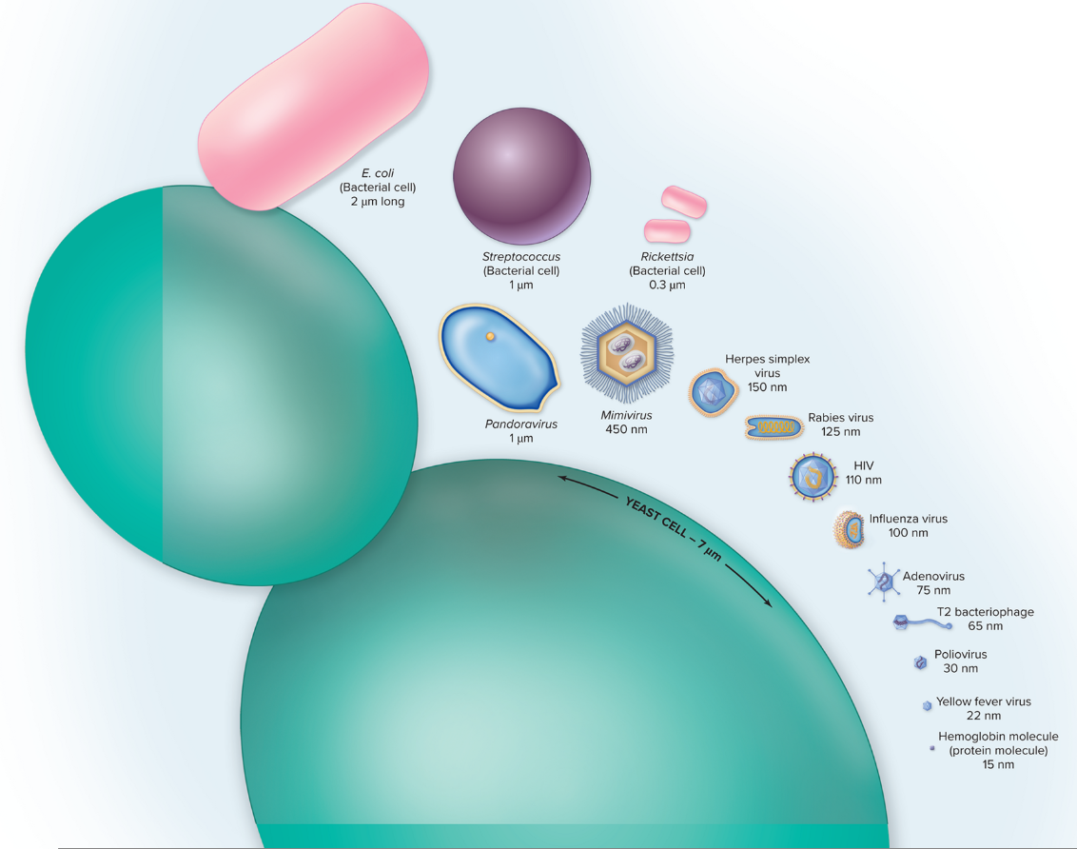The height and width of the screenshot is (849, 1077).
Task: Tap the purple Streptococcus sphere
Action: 521,177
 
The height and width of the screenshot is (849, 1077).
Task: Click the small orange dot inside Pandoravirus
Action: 491,336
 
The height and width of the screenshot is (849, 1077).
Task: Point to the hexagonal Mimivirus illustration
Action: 626,354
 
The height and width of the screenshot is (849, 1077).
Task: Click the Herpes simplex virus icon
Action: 712,390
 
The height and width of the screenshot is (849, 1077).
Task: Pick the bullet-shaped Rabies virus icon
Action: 773,429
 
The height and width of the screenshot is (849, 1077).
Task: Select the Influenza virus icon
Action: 850,528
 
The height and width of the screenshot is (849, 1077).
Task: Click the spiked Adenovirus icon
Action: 884,581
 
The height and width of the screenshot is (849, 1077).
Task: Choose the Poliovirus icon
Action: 920,662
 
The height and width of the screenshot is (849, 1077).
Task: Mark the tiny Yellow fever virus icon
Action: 927,705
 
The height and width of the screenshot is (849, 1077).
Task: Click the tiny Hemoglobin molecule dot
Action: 932,749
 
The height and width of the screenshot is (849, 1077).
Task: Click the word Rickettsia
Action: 667,257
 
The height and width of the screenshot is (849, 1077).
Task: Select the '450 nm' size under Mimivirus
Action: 626,429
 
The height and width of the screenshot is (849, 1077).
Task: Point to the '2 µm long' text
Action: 378,201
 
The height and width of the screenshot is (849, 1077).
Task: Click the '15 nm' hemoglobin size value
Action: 998,764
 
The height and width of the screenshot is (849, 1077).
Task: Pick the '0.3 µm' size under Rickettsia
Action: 667,285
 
